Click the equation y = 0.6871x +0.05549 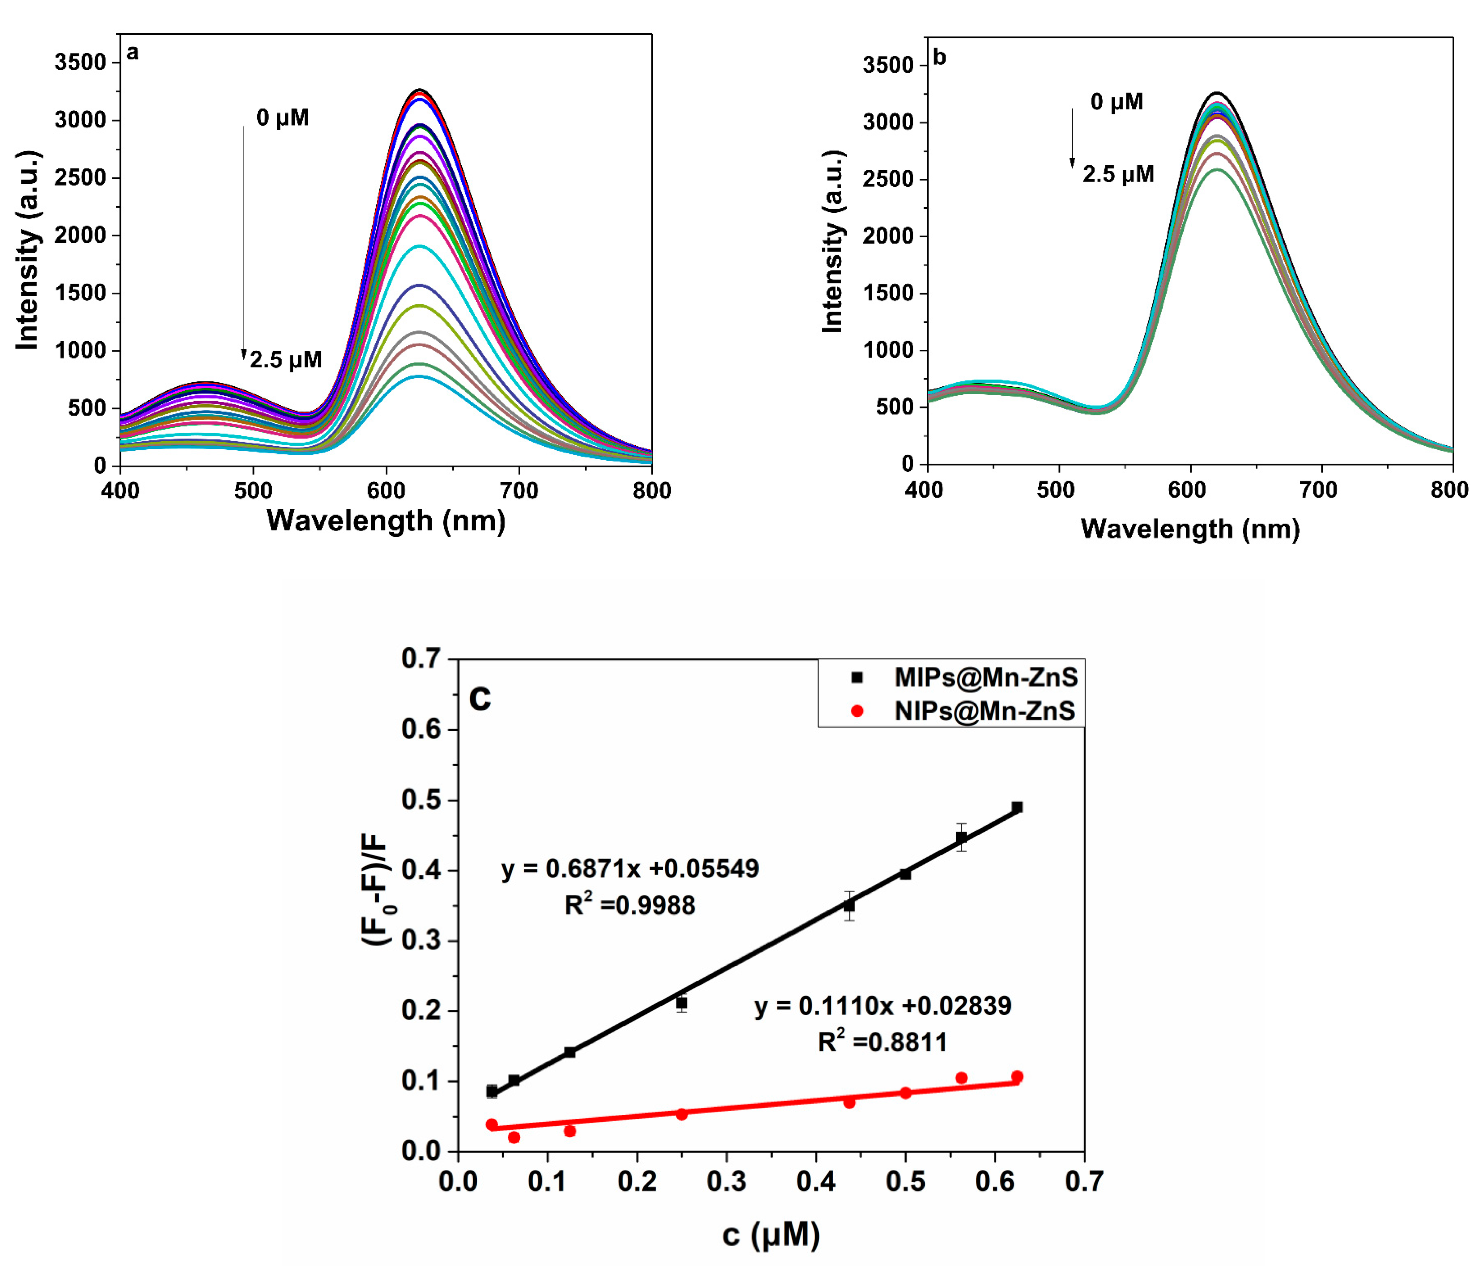point(629,869)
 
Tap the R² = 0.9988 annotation point(629,905)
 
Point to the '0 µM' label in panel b point(1117,102)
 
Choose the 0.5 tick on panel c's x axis point(905,1181)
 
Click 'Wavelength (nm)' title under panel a point(386,520)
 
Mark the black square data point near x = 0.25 point(682,1003)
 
